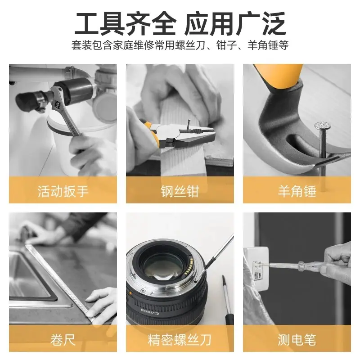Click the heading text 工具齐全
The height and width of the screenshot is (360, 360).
[x=126, y=24]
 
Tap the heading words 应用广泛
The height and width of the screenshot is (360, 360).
[x=235, y=24]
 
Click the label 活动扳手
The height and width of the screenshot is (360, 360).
[x=63, y=191]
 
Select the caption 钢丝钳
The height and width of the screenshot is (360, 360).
[x=180, y=191]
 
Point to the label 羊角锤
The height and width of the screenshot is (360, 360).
[x=297, y=191]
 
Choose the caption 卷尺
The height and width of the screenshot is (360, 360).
[x=63, y=340]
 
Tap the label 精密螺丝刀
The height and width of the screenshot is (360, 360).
[x=180, y=340]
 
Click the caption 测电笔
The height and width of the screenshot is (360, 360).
[x=297, y=340]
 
